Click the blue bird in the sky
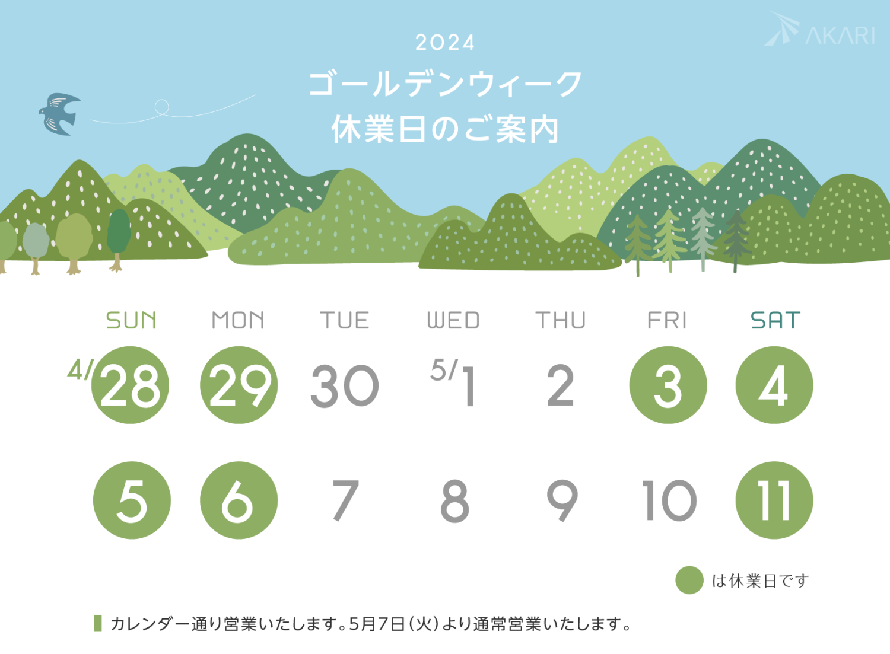coord(59,114)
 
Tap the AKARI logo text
coord(840,36)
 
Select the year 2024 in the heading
coord(445,43)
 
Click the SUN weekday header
coord(131,320)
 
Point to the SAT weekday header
coord(775,320)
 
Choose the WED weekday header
coord(453,320)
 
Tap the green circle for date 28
coord(130,385)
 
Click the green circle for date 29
coord(239,385)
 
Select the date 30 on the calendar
coord(345,385)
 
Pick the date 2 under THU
coord(561,385)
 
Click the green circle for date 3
coord(668,385)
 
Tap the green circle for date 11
coord(774,500)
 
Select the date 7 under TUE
coord(346,500)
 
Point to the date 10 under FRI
coord(669,500)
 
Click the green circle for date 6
coord(239,500)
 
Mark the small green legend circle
coord(689,580)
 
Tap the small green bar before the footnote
coord(98,623)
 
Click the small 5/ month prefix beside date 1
coord(444,369)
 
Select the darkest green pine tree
coord(737,240)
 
